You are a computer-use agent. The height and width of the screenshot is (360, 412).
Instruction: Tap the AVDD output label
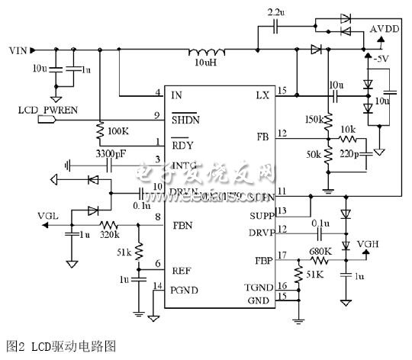pyautogui.click(x=384, y=29)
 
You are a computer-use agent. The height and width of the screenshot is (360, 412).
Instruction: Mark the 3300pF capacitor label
pyautogui.click(x=111, y=153)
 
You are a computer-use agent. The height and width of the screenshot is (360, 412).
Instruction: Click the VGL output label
pyautogui.click(x=48, y=216)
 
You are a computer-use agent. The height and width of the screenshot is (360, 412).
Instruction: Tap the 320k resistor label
pyautogui.click(x=110, y=235)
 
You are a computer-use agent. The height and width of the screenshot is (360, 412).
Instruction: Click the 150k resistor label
pyautogui.click(x=311, y=120)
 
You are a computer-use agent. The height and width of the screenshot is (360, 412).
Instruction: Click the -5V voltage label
pyautogui.click(x=381, y=58)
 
